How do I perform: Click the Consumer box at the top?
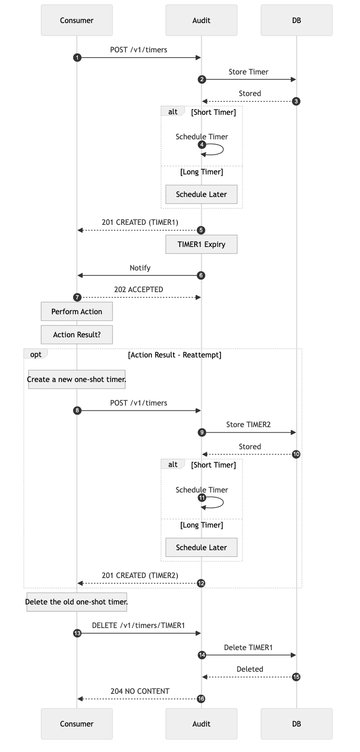click(77, 20)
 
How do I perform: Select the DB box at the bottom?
click(297, 724)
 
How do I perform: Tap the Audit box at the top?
click(201, 20)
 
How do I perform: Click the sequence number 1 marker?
click(77, 58)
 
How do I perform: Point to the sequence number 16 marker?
click(201, 699)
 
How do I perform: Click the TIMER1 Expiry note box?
click(201, 244)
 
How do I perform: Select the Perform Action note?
click(77, 311)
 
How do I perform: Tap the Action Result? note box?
click(77, 334)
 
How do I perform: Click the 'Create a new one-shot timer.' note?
click(77, 379)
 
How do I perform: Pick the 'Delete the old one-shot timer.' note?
click(77, 602)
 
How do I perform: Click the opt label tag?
click(36, 354)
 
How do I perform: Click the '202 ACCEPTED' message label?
click(138, 290)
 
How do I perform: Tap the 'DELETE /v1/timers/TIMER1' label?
click(138, 625)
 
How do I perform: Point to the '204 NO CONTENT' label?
click(140, 691)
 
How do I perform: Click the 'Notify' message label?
click(140, 268)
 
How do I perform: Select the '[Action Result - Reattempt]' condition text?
click(174, 355)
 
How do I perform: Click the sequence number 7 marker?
click(77, 297)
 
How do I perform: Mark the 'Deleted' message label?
click(250, 669)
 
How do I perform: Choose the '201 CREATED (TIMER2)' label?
click(140, 575)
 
